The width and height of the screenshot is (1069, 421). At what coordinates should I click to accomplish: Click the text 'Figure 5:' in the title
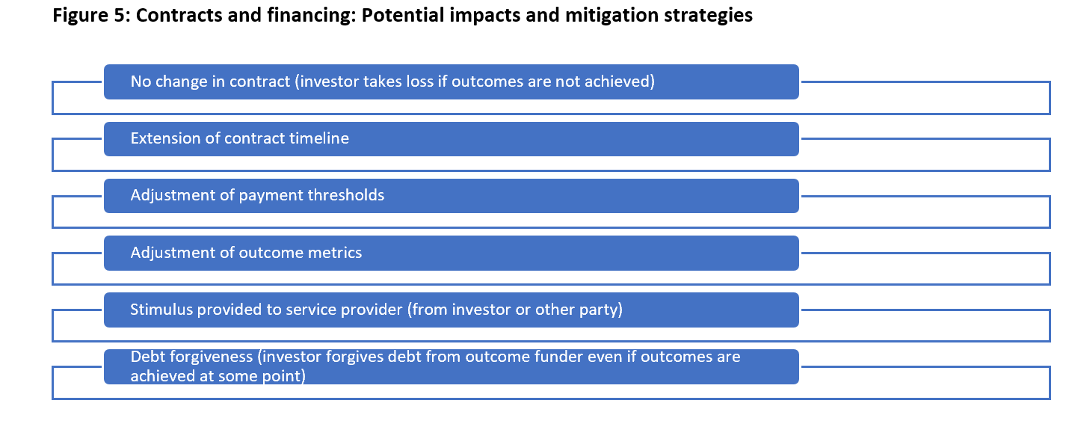91,15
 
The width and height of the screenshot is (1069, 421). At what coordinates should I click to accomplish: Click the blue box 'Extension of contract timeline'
452,139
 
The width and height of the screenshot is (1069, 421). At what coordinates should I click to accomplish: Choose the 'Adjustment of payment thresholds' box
452,196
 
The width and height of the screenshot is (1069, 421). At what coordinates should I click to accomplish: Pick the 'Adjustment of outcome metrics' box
452,253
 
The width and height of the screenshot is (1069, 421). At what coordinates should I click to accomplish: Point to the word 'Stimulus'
161,310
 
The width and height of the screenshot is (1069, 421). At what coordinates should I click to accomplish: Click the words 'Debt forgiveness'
191,357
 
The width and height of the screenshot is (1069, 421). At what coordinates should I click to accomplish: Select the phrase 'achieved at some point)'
218,376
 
